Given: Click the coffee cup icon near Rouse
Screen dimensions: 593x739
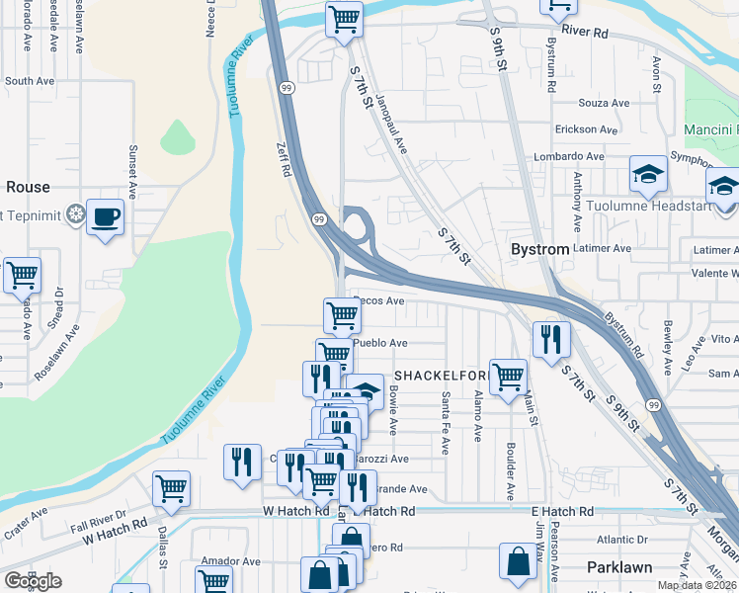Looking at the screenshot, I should pos(105,216).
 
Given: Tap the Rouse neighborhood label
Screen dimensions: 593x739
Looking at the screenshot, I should pos(28,187).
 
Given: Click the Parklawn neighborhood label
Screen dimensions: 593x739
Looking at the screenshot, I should pos(620,567).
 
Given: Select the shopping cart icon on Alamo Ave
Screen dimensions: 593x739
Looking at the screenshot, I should pos(507,377).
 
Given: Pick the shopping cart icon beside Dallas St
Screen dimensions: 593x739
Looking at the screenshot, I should pos(171,487).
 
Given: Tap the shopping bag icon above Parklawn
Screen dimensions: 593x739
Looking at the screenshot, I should pos(518,561).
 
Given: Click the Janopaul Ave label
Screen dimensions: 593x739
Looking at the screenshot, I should pos(392,125).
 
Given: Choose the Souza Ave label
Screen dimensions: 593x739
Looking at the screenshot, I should pos(604,103).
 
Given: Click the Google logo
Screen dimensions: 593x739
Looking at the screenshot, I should pos(33,581).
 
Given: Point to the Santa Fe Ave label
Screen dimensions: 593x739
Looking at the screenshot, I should pos(446,422).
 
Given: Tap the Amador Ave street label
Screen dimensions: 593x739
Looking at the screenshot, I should pos(230,560).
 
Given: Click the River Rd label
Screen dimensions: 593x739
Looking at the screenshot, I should pos(585,32).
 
